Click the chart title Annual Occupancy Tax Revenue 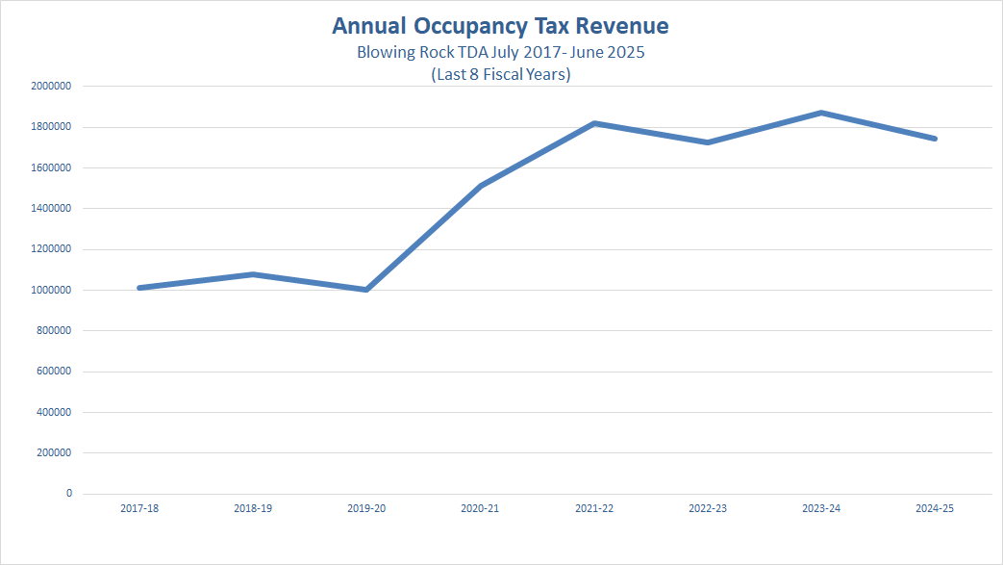click(x=500, y=26)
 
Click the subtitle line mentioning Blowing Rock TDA click(x=500, y=52)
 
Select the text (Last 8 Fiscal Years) click(x=500, y=74)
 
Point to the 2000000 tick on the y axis click(x=51, y=86)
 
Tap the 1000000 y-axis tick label click(x=51, y=290)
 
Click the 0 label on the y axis click(x=68, y=493)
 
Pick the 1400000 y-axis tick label click(x=51, y=208)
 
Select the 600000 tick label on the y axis click(x=54, y=372)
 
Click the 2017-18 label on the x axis click(x=140, y=508)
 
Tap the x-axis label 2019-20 click(x=367, y=508)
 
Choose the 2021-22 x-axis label click(x=594, y=508)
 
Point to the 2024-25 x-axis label click(x=936, y=508)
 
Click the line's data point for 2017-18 click(x=140, y=287)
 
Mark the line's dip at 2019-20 click(x=367, y=289)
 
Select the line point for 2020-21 click(x=481, y=186)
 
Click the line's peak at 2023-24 click(x=822, y=113)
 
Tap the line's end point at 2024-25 click(x=935, y=139)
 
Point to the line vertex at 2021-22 click(x=594, y=123)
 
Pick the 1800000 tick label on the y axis click(x=51, y=127)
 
